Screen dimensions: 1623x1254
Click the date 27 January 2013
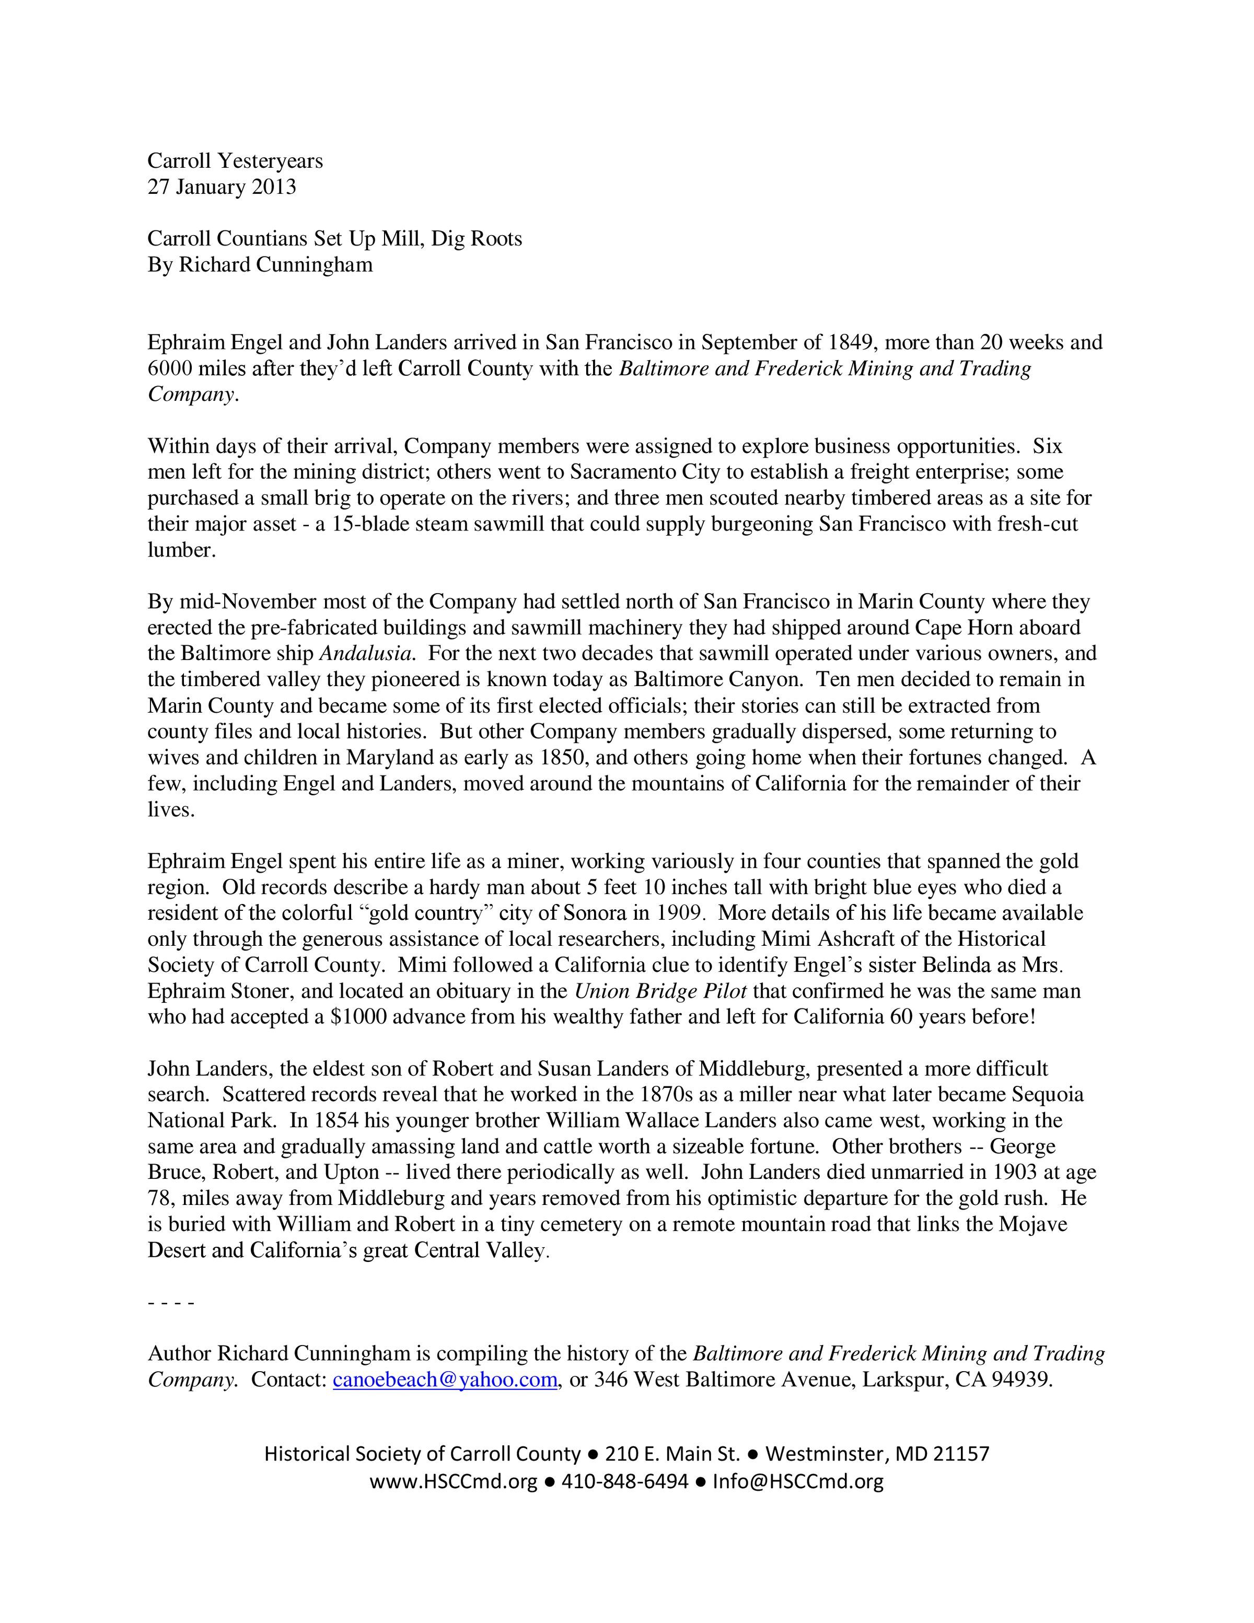(x=222, y=187)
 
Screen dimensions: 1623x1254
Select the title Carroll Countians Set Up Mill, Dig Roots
(x=334, y=239)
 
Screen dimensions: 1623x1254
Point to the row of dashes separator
(x=171, y=1303)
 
